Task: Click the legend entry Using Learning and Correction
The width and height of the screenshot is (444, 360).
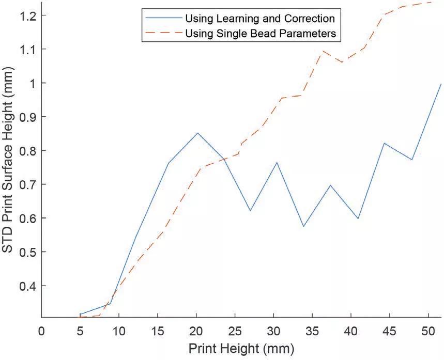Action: pyautogui.click(x=259, y=19)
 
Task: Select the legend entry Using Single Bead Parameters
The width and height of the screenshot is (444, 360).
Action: pyautogui.click(x=261, y=34)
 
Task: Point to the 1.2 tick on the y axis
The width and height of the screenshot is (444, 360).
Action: pyautogui.click(x=25, y=15)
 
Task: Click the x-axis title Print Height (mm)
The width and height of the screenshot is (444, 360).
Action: pyautogui.click(x=240, y=349)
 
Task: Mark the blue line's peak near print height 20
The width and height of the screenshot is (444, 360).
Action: pyautogui.click(x=197, y=133)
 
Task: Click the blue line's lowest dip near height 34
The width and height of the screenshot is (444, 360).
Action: pyautogui.click(x=303, y=226)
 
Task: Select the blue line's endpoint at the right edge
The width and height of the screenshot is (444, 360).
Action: pyautogui.click(x=441, y=84)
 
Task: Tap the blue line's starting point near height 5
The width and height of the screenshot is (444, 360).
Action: pyautogui.click(x=80, y=314)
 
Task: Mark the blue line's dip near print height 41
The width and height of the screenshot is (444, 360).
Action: pyautogui.click(x=358, y=218)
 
